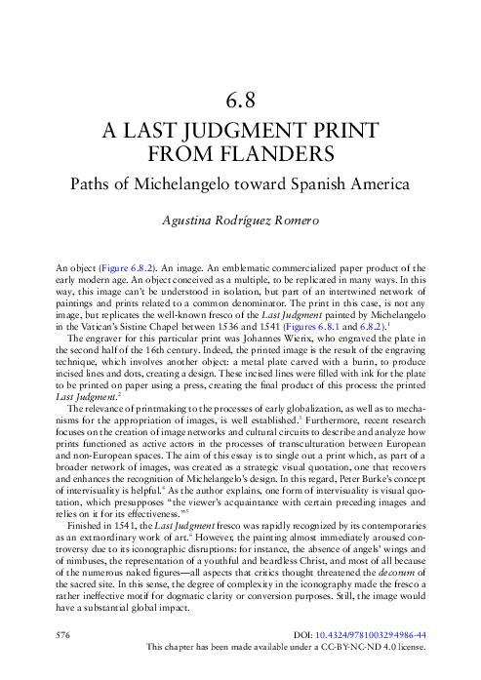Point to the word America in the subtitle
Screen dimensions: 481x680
pos(379,182)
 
